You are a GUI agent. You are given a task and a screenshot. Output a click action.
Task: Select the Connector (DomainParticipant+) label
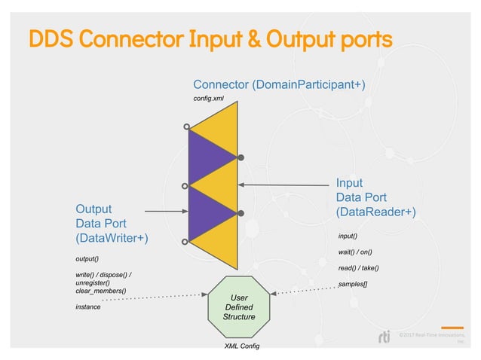pos(279,84)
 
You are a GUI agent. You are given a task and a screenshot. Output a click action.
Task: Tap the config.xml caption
pos(209,99)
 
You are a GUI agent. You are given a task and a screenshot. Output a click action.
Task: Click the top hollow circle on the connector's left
pos(187,128)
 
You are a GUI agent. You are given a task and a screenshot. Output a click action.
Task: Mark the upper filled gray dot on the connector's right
pos(241,157)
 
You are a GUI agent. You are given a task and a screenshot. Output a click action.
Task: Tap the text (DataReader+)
pos(375,212)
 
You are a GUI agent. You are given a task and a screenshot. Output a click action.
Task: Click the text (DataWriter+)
pos(112,238)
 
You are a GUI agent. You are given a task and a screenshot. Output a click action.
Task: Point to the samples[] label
pos(354,283)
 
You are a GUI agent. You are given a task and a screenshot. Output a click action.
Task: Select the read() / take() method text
pos(359,267)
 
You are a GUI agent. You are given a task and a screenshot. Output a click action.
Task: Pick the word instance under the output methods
pos(88,307)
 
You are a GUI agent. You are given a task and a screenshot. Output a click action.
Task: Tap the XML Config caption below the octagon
pos(242,346)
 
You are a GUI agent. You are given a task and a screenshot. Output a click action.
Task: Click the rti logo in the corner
pos(385,337)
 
